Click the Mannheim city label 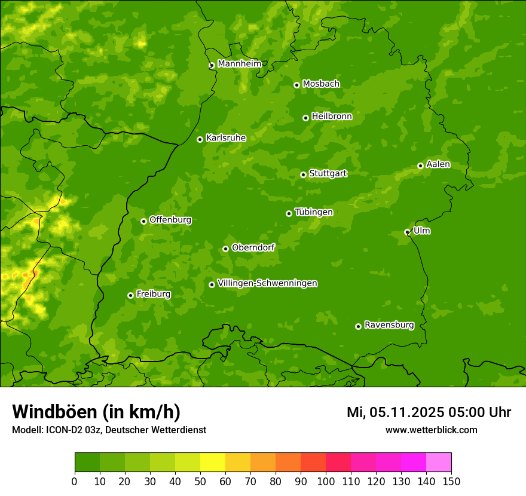pos(239,64)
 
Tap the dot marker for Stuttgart pos(303,174)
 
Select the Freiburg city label pos(153,294)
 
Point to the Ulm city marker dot pos(407,232)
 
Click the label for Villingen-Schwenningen pos(267,283)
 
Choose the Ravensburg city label pos(389,325)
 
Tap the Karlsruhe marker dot pos(200,139)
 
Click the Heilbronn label pos(332,117)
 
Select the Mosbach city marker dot pos(296,85)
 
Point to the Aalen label pos(438,164)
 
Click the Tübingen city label pos(314,212)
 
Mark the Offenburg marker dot pos(143,221)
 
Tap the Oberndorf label pos(253,247)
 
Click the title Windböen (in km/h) pos(96,412)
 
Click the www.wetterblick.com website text pos(431,430)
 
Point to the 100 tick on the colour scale pos(326,481)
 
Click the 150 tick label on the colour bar pos(451,481)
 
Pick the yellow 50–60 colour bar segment pos(213,463)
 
